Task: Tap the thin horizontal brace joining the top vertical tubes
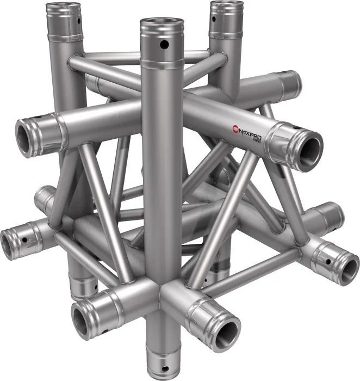tap(147, 56)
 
